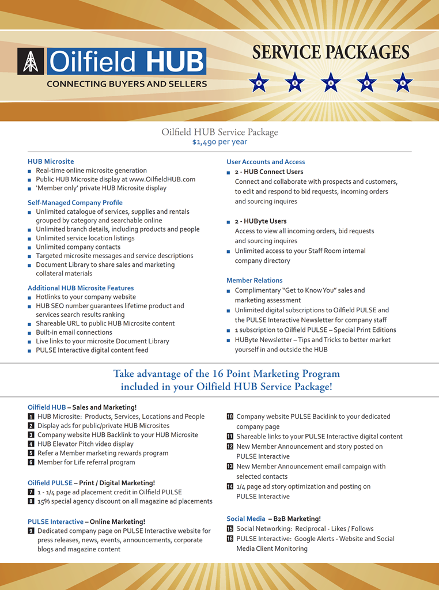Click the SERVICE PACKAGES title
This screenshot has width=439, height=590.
[x=331, y=52]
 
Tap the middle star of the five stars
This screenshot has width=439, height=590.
[x=331, y=82]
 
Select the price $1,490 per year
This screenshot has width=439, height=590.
[x=219, y=142]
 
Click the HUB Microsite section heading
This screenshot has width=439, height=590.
[x=51, y=161]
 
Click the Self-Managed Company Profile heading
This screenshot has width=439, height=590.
[x=75, y=203]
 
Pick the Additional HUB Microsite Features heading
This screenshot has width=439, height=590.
[x=81, y=288]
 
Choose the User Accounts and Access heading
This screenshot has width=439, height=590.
[x=266, y=162]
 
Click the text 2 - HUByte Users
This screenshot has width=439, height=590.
[x=260, y=221]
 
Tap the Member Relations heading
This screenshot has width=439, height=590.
[x=254, y=281]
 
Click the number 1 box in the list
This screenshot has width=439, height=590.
[x=31, y=417]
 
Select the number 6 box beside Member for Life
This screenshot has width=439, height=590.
[x=31, y=463]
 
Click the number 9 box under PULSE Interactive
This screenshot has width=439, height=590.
[x=31, y=531]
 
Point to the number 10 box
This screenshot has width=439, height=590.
[x=230, y=417]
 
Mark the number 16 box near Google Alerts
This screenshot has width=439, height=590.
[x=230, y=539]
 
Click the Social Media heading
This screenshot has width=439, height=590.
[x=246, y=519]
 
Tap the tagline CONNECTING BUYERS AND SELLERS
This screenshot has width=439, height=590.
[x=127, y=84]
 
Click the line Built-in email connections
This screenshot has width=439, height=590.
[x=74, y=332]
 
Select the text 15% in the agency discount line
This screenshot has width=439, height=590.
[x=44, y=501]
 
